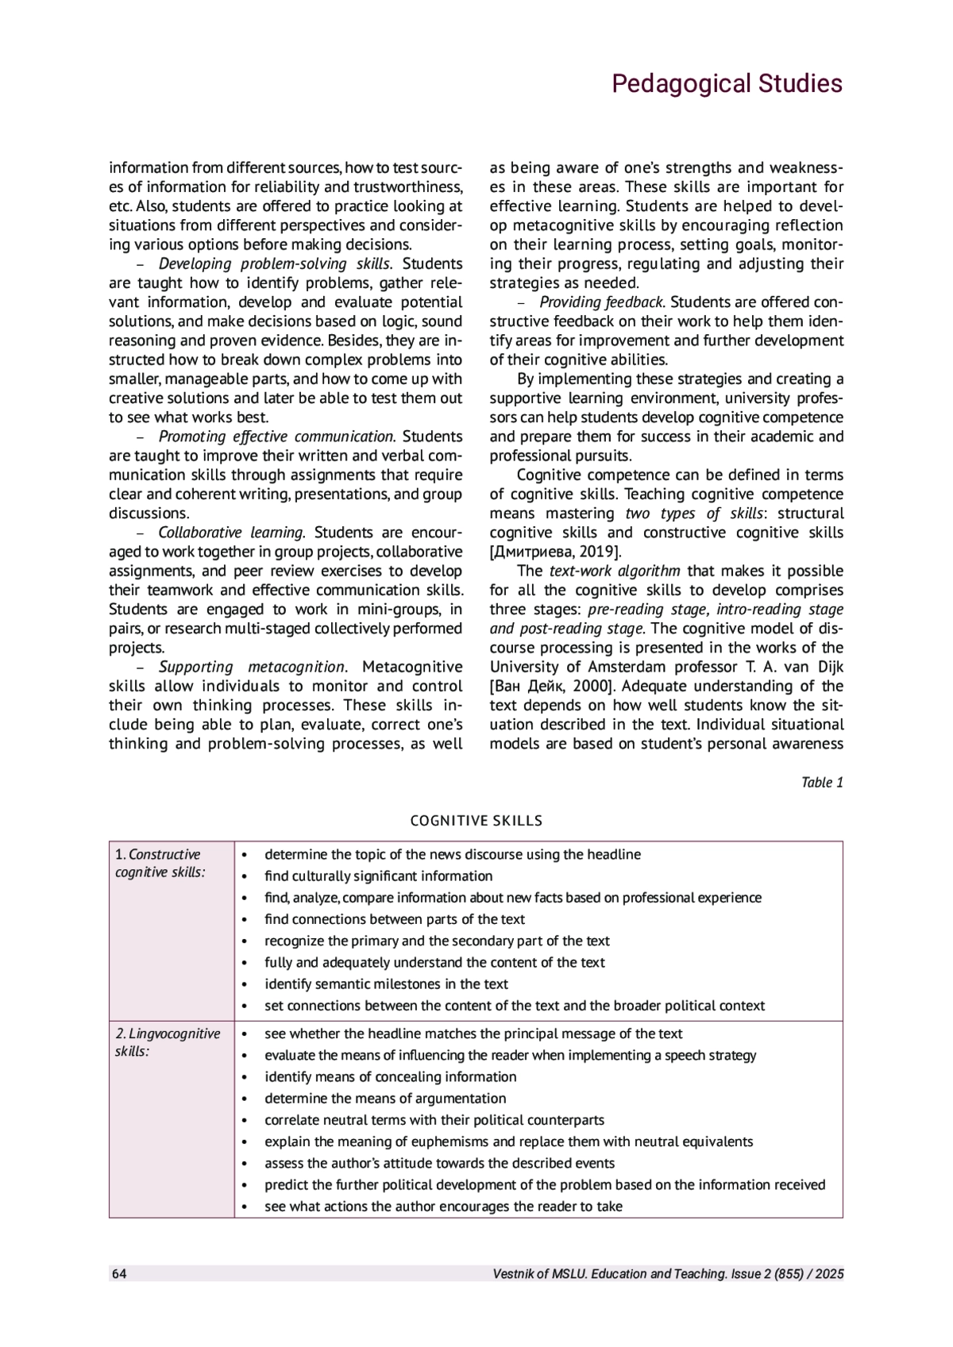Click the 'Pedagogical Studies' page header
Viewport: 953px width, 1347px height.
click(x=726, y=84)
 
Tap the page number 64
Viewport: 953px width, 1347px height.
click(x=119, y=1274)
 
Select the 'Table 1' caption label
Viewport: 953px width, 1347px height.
click(x=822, y=783)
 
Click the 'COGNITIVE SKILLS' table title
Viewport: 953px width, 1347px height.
click(x=476, y=821)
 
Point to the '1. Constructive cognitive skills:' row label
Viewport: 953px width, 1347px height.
click(x=158, y=864)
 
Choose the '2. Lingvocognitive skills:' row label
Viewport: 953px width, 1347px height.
click(x=168, y=1042)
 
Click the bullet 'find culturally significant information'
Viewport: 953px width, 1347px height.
click(x=378, y=876)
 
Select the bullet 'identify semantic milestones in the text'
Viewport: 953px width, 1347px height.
click(x=386, y=984)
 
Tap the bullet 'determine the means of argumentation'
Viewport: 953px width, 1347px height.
click(x=385, y=1099)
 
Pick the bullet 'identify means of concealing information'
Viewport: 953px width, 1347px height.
click(x=390, y=1077)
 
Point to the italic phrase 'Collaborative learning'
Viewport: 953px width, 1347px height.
click(x=231, y=533)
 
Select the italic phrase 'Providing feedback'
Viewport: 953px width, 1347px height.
click(x=601, y=302)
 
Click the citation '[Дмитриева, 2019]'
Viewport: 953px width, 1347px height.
click(x=556, y=552)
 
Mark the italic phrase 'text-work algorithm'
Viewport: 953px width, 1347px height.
click(x=615, y=572)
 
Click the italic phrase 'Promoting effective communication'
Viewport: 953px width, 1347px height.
click(x=276, y=437)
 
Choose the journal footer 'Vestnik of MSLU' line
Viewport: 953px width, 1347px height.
click(x=668, y=1274)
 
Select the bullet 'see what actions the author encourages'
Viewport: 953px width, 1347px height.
click(x=443, y=1207)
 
